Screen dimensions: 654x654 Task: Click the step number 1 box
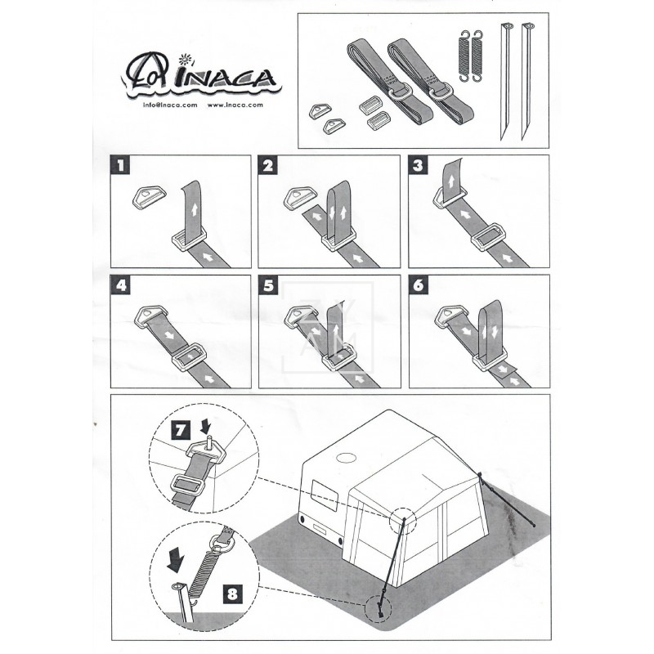pyautogui.click(x=120, y=165)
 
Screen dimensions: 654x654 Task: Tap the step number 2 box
pyautogui.click(x=268, y=165)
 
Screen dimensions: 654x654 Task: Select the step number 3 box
pyautogui.click(x=418, y=165)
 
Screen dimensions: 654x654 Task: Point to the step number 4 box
pyautogui.click(x=121, y=285)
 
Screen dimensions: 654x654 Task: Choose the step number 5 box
pyautogui.click(x=269, y=285)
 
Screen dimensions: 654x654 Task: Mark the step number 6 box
pyautogui.click(x=419, y=285)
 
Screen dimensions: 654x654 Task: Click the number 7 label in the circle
pyautogui.click(x=181, y=430)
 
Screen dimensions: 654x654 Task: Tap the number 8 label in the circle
pyautogui.click(x=232, y=593)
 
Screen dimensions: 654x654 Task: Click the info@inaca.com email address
pyautogui.click(x=170, y=105)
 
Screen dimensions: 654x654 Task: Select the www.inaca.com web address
pyautogui.click(x=235, y=105)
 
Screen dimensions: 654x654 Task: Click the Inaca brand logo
pyautogui.click(x=201, y=75)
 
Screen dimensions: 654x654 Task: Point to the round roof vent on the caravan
pyautogui.click(x=346, y=458)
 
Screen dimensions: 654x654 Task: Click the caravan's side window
pyautogui.click(x=325, y=495)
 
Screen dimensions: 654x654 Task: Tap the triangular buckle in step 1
pyautogui.click(x=149, y=196)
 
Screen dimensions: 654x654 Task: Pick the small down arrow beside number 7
pyautogui.click(x=206, y=426)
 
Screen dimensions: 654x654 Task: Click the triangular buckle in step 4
pyautogui.click(x=150, y=316)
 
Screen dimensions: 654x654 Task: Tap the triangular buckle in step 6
pyautogui.click(x=451, y=316)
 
